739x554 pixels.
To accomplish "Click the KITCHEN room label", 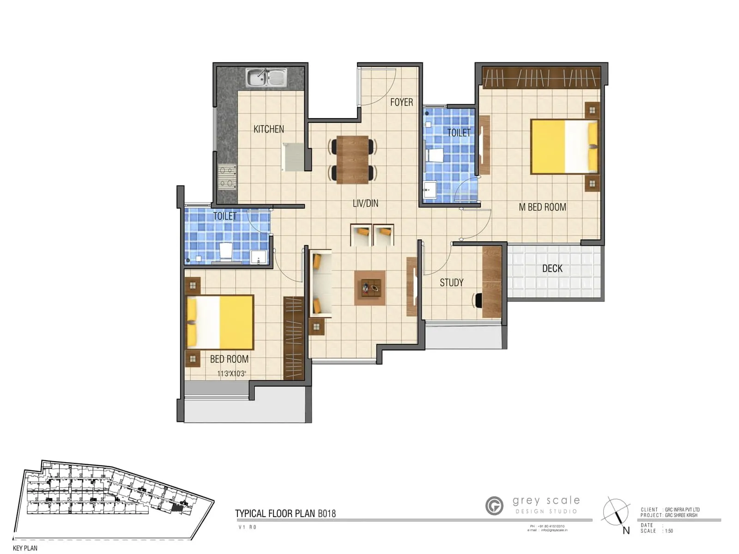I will (x=269, y=129).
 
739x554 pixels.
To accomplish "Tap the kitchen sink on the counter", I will (x=266, y=78).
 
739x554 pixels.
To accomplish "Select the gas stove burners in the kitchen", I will (x=227, y=177).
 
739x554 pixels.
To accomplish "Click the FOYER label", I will (x=401, y=102).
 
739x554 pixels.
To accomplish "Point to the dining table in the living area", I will (x=352, y=159).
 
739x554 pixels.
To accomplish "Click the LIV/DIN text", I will (x=365, y=203).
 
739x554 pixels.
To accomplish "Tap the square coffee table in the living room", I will (x=370, y=288).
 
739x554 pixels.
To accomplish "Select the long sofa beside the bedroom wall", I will (x=321, y=284).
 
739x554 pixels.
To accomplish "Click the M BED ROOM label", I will (x=542, y=207).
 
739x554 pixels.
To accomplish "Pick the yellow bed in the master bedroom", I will (x=564, y=146).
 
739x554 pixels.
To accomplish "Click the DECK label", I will (x=552, y=269).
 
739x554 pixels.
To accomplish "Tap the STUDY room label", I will (x=451, y=283).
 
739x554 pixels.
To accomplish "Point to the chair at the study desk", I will (x=477, y=300).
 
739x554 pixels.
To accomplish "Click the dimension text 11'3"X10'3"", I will (x=231, y=373).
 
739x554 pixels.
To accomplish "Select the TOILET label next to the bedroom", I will (x=225, y=216).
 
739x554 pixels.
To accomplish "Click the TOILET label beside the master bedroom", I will (x=459, y=133).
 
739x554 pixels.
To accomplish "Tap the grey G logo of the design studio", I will (x=494, y=506).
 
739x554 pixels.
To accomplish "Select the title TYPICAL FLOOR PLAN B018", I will (x=285, y=513).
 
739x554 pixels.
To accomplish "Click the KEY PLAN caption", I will (x=25, y=548).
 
